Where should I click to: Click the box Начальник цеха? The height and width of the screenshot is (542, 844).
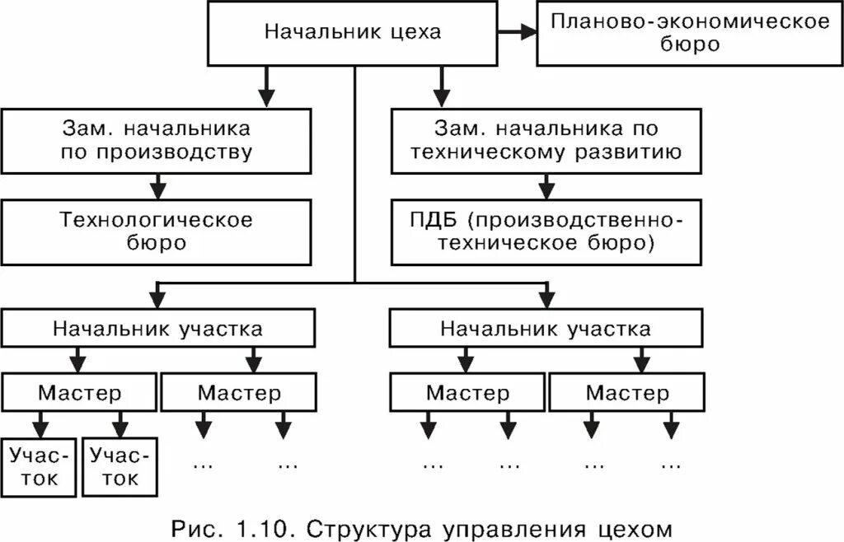352,34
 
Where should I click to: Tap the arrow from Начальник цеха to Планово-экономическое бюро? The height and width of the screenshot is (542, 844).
517,32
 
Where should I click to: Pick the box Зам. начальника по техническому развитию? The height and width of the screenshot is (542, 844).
545,141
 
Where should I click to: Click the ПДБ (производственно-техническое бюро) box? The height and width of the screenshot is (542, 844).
545,231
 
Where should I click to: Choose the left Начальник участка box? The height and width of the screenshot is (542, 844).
157,329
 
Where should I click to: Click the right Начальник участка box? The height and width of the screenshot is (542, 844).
545,329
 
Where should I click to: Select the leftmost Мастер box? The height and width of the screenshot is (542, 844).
79,392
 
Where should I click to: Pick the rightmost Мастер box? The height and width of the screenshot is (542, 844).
627,392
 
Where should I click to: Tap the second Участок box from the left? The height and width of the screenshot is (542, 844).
120,467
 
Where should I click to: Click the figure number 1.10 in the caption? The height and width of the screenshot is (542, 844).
255,527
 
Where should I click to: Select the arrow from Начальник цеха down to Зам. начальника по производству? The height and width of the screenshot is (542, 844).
265,86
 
